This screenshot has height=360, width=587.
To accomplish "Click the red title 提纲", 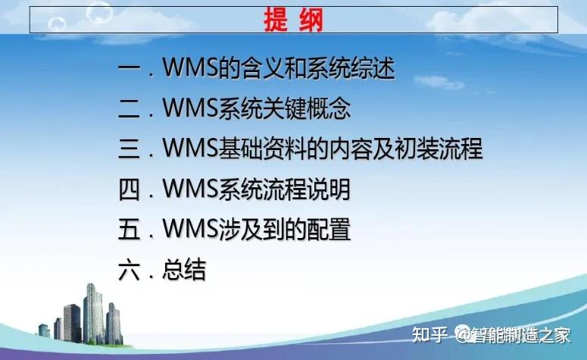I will click(293, 20).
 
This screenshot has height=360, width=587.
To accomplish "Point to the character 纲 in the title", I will click(311, 20).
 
